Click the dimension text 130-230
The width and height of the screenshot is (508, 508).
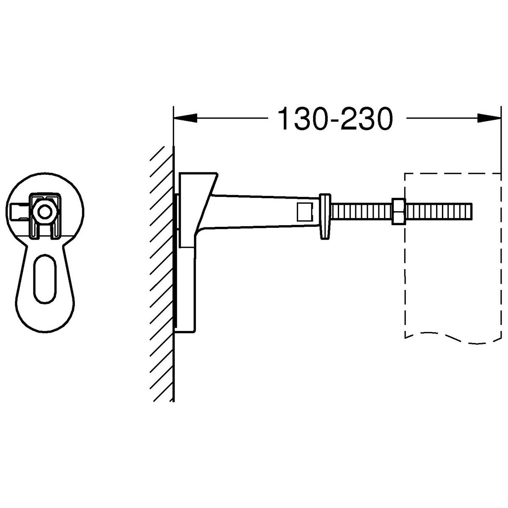coord(335,119)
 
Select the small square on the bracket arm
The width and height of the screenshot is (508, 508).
coord(304,212)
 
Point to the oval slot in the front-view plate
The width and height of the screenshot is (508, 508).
coord(45,278)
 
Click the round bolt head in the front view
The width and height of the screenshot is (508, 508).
coord(45,212)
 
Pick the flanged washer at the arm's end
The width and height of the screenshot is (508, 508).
coord(325,216)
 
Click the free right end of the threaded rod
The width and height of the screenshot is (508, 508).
coord(471,211)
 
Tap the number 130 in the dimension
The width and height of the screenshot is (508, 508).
coord(301,119)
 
